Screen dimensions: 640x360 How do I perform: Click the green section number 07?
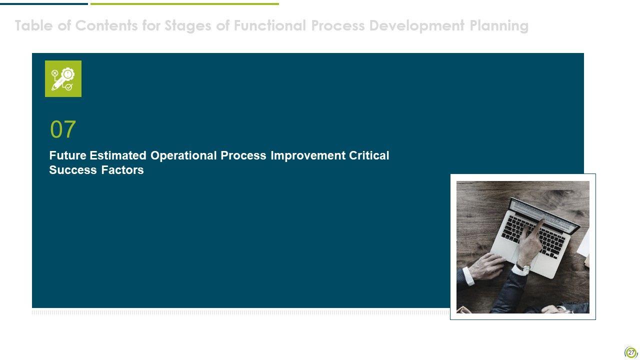click(x=63, y=129)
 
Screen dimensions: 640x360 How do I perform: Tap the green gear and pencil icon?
click(x=63, y=79)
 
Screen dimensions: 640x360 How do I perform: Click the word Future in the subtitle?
click(x=67, y=155)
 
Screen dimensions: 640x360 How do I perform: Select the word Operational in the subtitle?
click(x=183, y=156)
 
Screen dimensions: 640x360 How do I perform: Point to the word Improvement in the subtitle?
click(x=308, y=155)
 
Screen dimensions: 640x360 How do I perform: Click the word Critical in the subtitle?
click(x=369, y=155)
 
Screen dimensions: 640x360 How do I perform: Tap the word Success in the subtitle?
click(x=73, y=170)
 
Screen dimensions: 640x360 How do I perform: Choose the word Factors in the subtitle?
click(x=122, y=170)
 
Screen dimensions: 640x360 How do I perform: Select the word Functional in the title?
click(x=270, y=25)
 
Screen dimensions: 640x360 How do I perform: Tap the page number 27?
click(x=631, y=352)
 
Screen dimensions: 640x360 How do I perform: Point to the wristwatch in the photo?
click(x=523, y=267)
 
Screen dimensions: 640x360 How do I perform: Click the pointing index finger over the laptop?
click(x=539, y=227)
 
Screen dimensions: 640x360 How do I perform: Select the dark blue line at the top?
click(x=44, y=4)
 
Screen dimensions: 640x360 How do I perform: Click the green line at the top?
click(x=184, y=4)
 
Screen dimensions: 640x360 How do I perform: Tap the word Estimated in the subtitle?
click(x=118, y=155)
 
